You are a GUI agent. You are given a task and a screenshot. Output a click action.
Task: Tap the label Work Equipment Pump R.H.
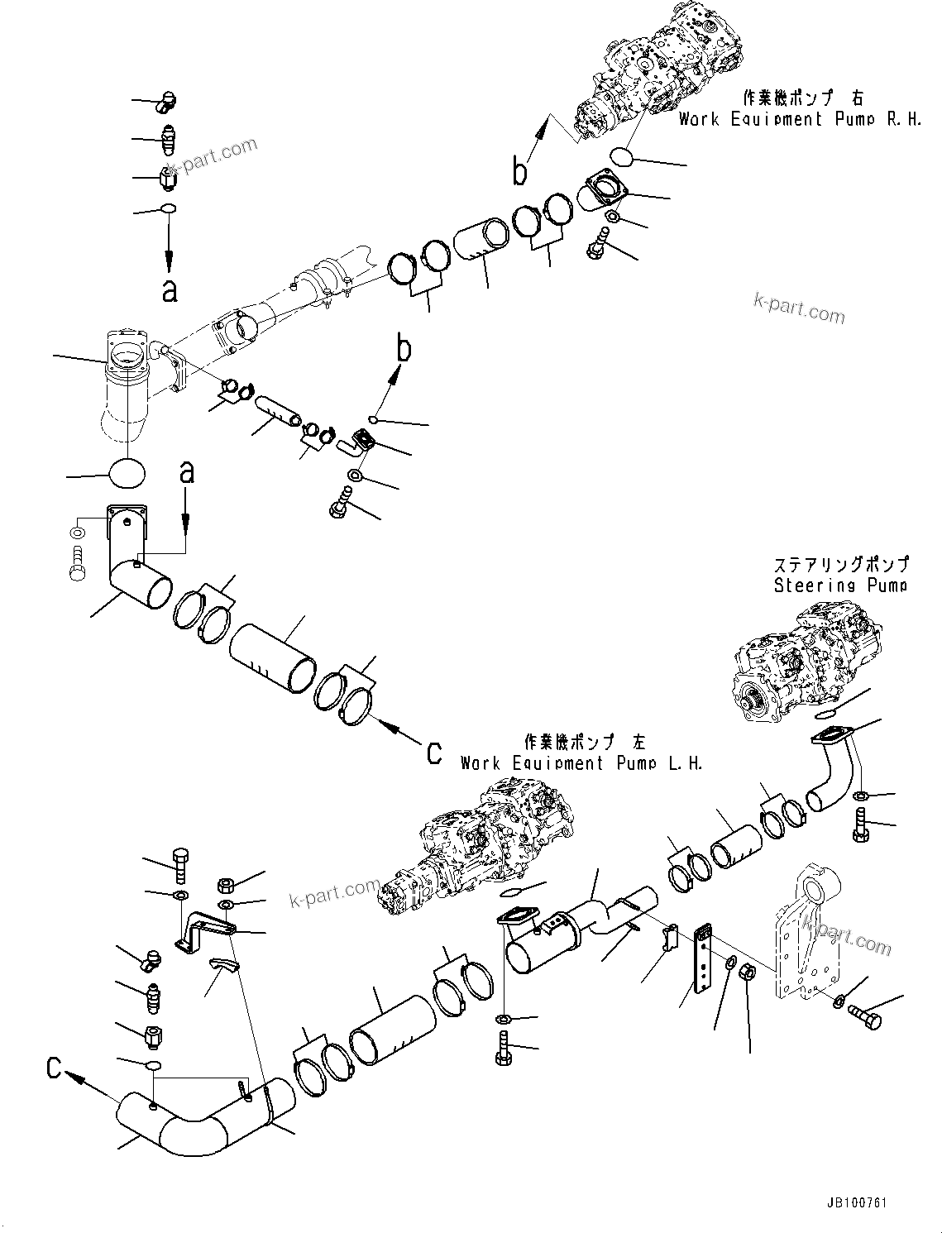[799, 118]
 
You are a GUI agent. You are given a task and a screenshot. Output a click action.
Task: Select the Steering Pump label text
[839, 585]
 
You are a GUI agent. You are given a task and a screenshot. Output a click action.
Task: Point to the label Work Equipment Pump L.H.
[581, 762]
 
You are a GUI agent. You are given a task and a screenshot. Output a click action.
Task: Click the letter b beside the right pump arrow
[519, 172]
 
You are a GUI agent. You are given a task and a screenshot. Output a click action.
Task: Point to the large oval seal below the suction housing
[127, 473]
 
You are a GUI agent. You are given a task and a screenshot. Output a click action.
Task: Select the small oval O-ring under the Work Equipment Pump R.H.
[622, 155]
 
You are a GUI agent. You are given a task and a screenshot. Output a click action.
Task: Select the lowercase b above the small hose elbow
[404, 351]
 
